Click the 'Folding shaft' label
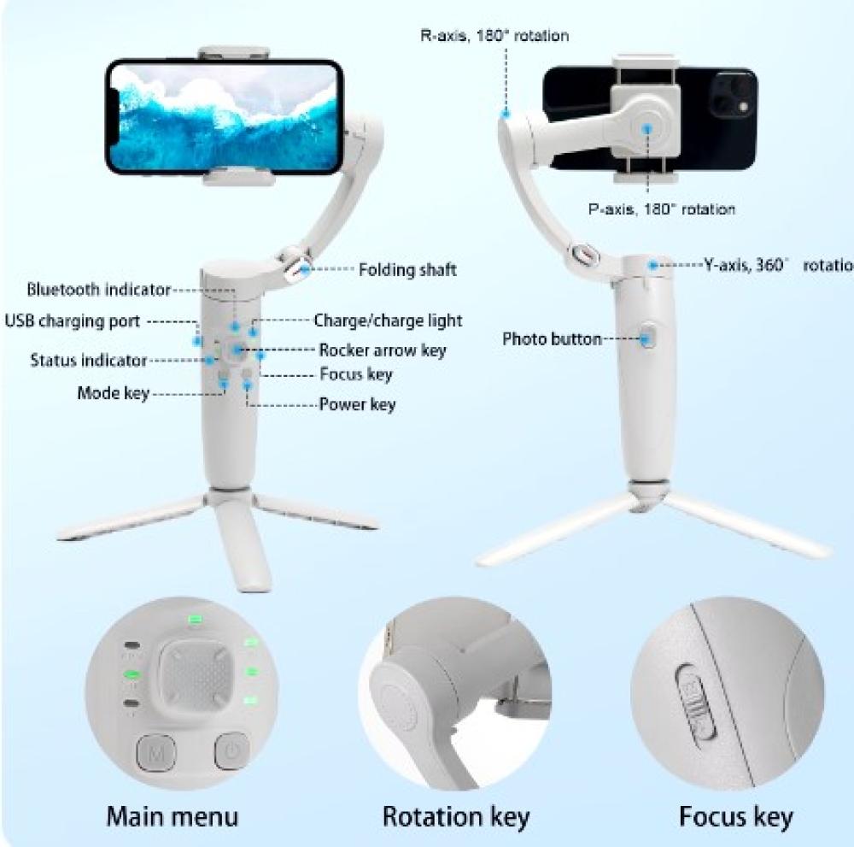pyautogui.click(x=407, y=270)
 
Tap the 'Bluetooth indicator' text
pyautogui.click(x=99, y=289)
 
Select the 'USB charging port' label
pyautogui.click(x=73, y=321)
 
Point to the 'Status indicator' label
pyautogui.click(x=88, y=361)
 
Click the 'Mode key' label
pyautogui.click(x=114, y=393)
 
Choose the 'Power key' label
pyautogui.click(x=357, y=404)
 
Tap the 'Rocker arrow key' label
pyautogui.click(x=383, y=350)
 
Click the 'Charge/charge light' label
pyautogui.click(x=388, y=321)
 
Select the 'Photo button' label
pyautogui.click(x=552, y=339)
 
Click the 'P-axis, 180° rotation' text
pyautogui.click(x=662, y=209)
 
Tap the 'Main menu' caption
pyautogui.click(x=173, y=816)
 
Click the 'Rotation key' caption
pyautogui.click(x=456, y=817)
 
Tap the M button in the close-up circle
pyautogui.click(x=155, y=753)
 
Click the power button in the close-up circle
pyautogui.click(x=232, y=750)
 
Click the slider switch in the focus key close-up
pyautogui.click(x=695, y=702)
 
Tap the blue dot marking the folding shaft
pyautogui.click(x=305, y=268)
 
